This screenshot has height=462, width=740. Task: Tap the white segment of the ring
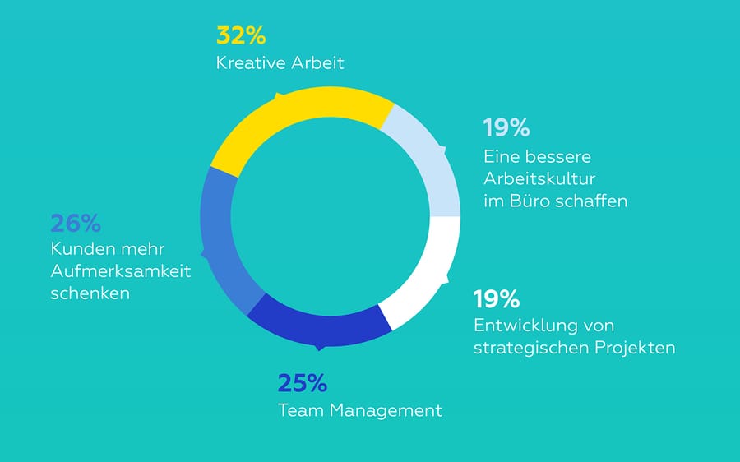click(423, 275)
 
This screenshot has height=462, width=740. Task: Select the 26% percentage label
click(76, 224)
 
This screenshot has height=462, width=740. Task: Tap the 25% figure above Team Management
click(302, 383)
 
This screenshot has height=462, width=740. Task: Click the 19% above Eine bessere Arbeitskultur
click(506, 127)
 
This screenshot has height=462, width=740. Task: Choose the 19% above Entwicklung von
click(497, 298)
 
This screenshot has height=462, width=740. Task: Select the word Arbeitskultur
click(539, 178)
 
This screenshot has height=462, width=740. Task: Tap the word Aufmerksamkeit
click(120, 271)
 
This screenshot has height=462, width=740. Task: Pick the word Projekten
click(634, 348)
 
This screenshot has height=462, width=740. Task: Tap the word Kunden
click(79, 250)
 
